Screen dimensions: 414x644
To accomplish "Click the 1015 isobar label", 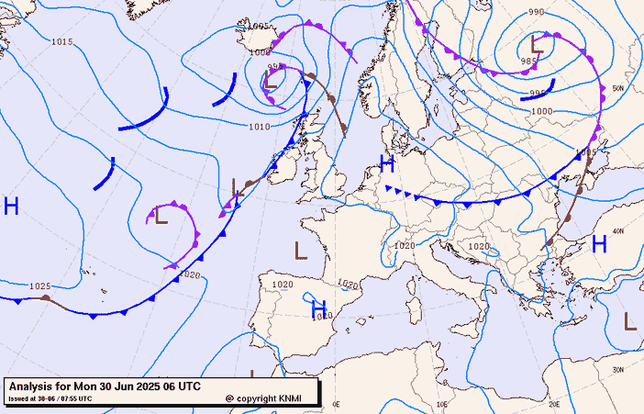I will tap(62, 42).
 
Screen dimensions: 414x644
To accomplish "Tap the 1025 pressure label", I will tap(39, 286).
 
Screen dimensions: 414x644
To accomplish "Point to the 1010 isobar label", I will tap(260, 127).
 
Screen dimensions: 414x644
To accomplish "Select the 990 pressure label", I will tap(537, 12).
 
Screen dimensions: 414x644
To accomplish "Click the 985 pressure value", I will tap(528, 62).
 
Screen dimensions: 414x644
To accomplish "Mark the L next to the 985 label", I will tap(538, 42).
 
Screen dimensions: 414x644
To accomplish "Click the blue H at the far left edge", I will tap(11, 206).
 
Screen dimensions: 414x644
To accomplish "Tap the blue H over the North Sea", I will tap(387, 164).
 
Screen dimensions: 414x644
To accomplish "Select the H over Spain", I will tap(319, 308).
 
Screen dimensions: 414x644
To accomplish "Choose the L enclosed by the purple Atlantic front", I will tap(161, 217).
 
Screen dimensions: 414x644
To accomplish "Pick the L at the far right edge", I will tap(630, 320).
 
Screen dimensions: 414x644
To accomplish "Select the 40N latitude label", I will tap(617, 231).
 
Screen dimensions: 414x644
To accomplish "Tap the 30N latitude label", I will tap(617, 369).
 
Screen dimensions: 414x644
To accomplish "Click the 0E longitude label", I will tap(336, 403).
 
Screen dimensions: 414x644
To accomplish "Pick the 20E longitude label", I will tap(554, 403).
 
